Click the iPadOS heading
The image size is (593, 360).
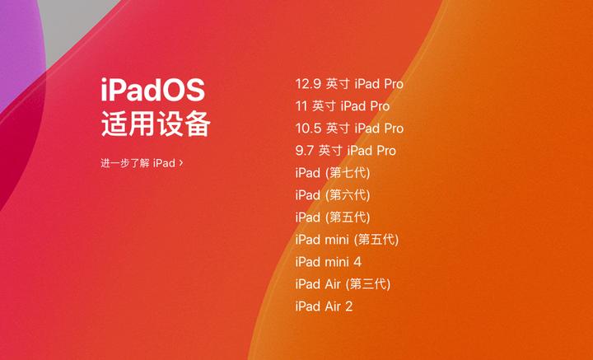click(x=152, y=90)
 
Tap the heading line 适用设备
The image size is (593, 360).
click(x=156, y=124)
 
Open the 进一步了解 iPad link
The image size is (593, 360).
click(x=138, y=163)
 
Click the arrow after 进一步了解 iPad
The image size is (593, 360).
click(x=181, y=163)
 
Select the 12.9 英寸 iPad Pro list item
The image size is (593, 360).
click(x=349, y=84)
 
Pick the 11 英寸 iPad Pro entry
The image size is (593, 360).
click(x=342, y=106)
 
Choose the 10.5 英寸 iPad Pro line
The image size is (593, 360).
click(x=349, y=129)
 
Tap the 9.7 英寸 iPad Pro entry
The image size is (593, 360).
click(x=345, y=151)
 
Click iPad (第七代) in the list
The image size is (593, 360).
click(x=333, y=173)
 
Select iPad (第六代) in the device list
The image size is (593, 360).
click(x=333, y=195)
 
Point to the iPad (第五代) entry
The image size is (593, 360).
click(x=333, y=217)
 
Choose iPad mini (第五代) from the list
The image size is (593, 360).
click(x=347, y=240)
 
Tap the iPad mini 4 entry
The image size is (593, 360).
click(x=328, y=262)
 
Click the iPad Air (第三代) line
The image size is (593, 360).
click(x=343, y=284)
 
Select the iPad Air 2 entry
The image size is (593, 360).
click(x=324, y=306)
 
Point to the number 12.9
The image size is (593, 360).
click(x=308, y=84)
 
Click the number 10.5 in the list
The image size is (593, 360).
click(x=308, y=129)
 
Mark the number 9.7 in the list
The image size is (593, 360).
click(x=305, y=151)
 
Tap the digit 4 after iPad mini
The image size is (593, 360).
click(x=357, y=262)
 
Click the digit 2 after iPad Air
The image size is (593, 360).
click(x=348, y=306)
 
